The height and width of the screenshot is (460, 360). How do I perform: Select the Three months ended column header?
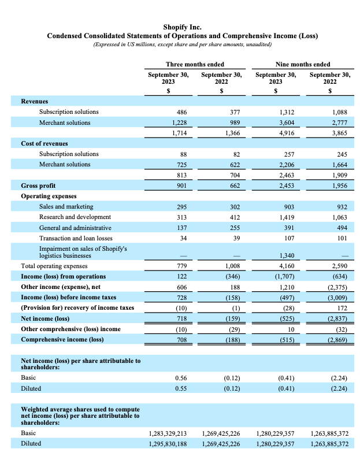tap(195, 64)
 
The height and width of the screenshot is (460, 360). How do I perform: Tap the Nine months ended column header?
tap(303, 64)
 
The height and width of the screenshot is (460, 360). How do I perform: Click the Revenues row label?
tap(34, 101)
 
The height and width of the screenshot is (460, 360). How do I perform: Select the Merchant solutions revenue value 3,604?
tap(287, 123)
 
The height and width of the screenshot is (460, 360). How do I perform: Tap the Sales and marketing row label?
tap(66, 206)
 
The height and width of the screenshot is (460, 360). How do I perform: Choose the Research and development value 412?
tap(233, 217)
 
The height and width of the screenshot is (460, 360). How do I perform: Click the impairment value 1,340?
tap(287, 255)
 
